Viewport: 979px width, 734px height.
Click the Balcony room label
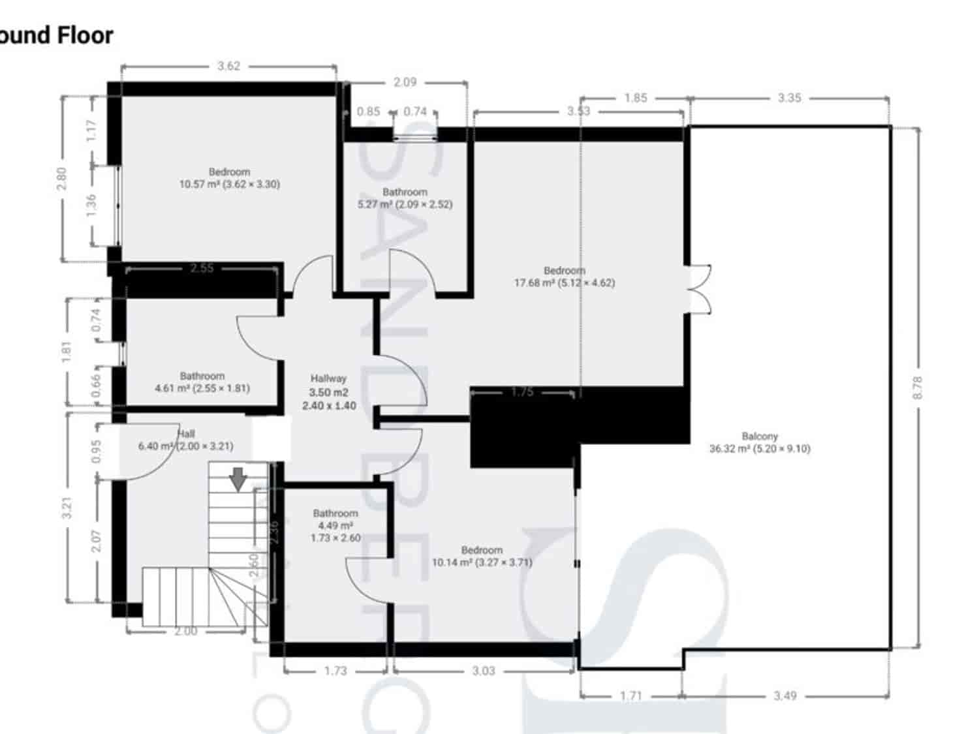tap(759, 442)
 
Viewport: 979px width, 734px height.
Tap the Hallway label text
tap(328, 378)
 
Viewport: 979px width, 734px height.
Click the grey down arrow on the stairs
tap(239, 478)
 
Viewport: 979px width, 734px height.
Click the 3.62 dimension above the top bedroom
tap(228, 66)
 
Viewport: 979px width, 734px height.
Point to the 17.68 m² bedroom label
tap(565, 277)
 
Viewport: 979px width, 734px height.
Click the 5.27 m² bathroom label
tap(405, 198)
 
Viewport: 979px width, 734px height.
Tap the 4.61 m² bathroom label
tap(202, 382)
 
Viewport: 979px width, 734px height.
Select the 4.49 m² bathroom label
tap(335, 525)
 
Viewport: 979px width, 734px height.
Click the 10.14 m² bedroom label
tap(482, 556)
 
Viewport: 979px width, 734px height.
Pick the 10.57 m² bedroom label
tap(229, 178)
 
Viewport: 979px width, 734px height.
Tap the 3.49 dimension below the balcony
tap(785, 696)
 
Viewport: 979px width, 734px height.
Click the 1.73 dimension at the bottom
tap(335, 671)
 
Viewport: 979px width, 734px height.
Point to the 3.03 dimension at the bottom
tap(484, 671)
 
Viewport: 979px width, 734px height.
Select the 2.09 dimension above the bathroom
tap(405, 82)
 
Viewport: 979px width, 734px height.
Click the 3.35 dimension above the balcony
tap(789, 98)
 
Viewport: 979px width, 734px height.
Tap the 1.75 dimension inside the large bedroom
tap(522, 392)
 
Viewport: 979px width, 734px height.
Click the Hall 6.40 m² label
tap(185, 440)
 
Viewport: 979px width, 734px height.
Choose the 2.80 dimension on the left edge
tap(61, 179)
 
